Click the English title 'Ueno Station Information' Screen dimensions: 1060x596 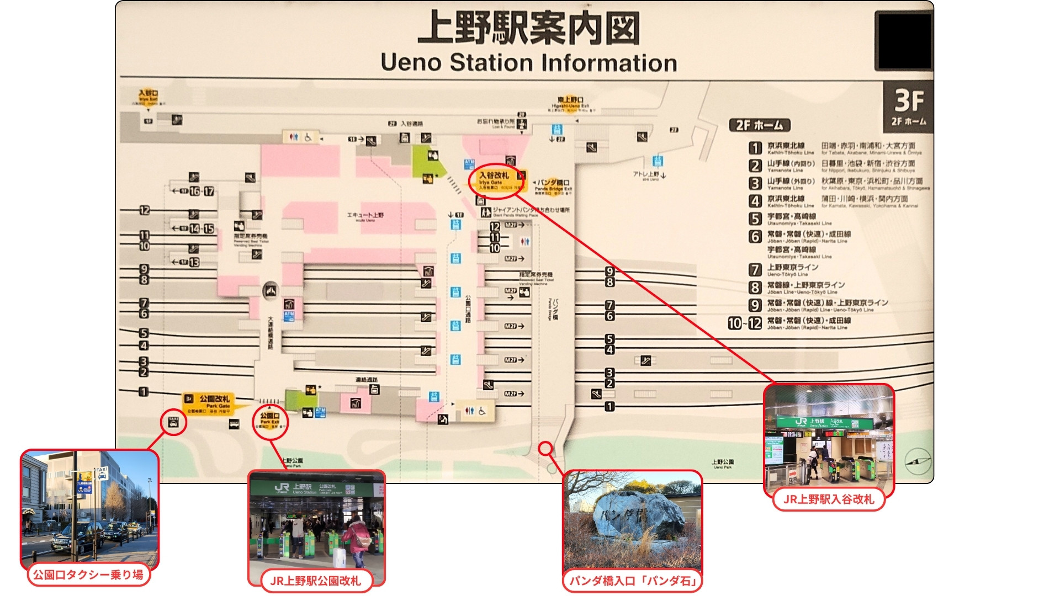(x=528, y=62)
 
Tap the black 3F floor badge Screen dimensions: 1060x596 (x=908, y=107)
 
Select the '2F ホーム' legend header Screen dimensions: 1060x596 (x=759, y=125)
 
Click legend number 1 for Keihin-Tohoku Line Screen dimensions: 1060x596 (x=755, y=148)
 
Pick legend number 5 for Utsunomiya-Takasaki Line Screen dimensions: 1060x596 (x=755, y=219)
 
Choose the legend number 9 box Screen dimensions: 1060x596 (x=755, y=305)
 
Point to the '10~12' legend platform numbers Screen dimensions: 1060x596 (x=744, y=323)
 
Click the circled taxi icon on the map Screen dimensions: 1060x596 (x=173, y=422)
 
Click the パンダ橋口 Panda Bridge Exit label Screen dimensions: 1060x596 (x=554, y=185)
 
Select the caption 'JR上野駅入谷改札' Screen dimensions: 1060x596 (x=828, y=499)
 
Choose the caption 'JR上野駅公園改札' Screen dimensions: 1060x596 (x=315, y=581)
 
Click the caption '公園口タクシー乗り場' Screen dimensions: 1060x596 (x=88, y=574)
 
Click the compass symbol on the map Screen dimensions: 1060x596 (x=917, y=461)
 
